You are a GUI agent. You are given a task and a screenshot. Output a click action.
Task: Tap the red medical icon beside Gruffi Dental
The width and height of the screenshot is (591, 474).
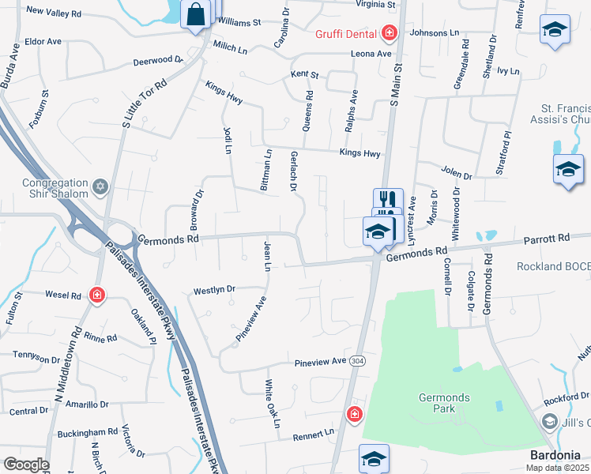(389, 33)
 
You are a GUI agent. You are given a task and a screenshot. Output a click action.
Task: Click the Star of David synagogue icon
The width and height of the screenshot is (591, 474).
(100, 187)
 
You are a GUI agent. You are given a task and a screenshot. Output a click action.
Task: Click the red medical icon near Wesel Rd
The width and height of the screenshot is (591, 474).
(96, 295)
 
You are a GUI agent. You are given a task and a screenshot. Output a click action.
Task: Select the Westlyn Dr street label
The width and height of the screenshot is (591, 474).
(214, 290)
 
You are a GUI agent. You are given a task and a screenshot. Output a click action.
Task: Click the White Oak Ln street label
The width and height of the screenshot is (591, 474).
(271, 403)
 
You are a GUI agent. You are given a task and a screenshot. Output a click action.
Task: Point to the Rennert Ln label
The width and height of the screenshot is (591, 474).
(314, 434)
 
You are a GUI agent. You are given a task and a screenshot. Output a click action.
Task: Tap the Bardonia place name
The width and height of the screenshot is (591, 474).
(559, 455)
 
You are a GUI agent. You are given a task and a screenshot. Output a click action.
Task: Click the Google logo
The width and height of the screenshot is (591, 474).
(26, 465)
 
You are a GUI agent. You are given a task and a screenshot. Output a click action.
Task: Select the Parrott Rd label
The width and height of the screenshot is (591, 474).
(546, 238)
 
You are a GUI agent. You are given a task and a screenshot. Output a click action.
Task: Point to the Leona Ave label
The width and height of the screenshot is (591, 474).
(371, 54)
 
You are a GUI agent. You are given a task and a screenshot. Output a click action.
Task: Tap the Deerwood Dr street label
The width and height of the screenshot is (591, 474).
(158, 59)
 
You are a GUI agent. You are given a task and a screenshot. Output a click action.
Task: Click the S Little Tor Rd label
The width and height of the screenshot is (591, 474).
(143, 103)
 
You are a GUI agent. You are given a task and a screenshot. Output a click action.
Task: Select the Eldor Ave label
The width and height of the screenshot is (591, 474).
(43, 41)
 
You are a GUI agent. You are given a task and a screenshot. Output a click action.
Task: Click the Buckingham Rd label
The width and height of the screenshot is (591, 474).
(87, 433)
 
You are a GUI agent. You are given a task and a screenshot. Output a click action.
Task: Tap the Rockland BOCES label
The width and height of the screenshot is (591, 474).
(554, 267)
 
